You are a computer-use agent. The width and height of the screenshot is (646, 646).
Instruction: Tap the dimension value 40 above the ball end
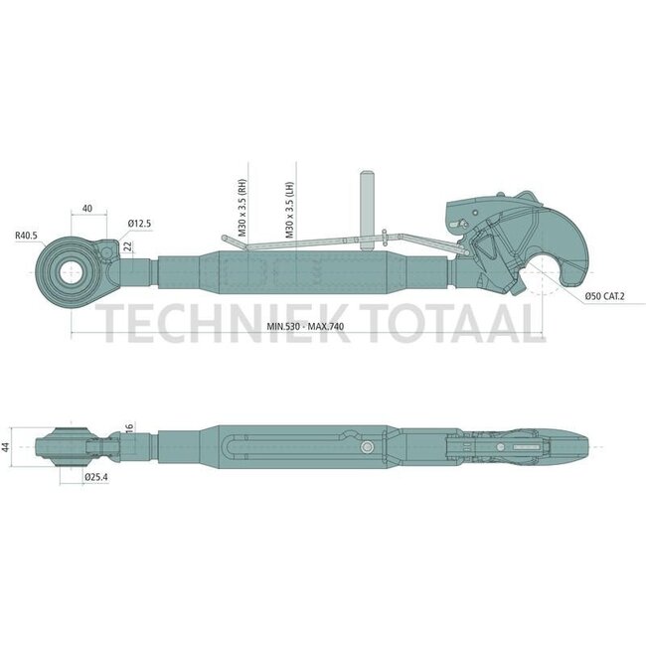click(x=87, y=208)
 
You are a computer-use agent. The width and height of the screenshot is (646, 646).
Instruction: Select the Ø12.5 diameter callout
click(x=139, y=224)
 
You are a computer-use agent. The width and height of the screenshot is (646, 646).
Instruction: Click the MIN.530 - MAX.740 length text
click(x=298, y=325)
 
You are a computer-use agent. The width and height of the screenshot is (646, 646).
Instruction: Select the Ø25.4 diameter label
click(x=95, y=477)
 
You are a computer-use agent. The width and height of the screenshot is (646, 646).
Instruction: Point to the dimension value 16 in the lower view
click(x=129, y=428)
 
